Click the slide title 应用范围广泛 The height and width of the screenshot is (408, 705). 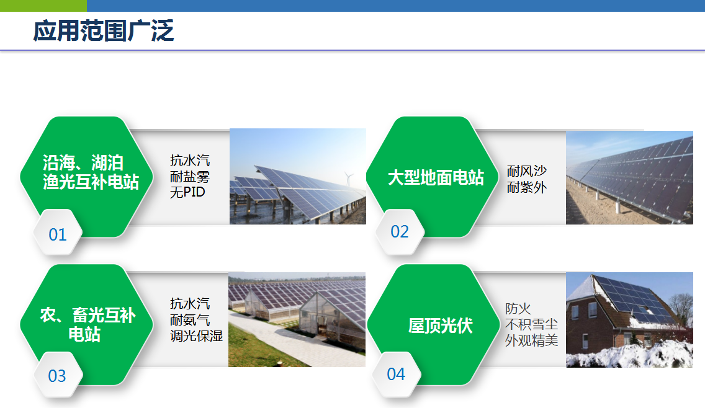104,30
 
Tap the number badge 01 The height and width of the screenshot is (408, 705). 58,234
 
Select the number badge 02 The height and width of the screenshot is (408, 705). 399,232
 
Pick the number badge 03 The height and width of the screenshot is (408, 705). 57,376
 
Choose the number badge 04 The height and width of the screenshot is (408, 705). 396,374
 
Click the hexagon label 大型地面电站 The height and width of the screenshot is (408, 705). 436,177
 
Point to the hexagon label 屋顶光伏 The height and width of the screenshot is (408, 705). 440,326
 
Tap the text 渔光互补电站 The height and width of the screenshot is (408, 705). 91,182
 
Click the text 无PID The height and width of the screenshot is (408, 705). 187,192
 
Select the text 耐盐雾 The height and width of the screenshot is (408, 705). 190,177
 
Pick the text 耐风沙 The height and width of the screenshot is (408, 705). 526,171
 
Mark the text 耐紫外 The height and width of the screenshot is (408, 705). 526,187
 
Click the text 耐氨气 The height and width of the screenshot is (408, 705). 190,320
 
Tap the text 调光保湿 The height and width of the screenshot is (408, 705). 197,335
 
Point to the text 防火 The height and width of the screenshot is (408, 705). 518,309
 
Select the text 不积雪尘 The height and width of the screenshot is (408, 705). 531,324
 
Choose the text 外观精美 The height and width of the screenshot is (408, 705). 531,340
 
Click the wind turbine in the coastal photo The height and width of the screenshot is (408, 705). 348,179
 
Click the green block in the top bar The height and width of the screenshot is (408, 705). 43,6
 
